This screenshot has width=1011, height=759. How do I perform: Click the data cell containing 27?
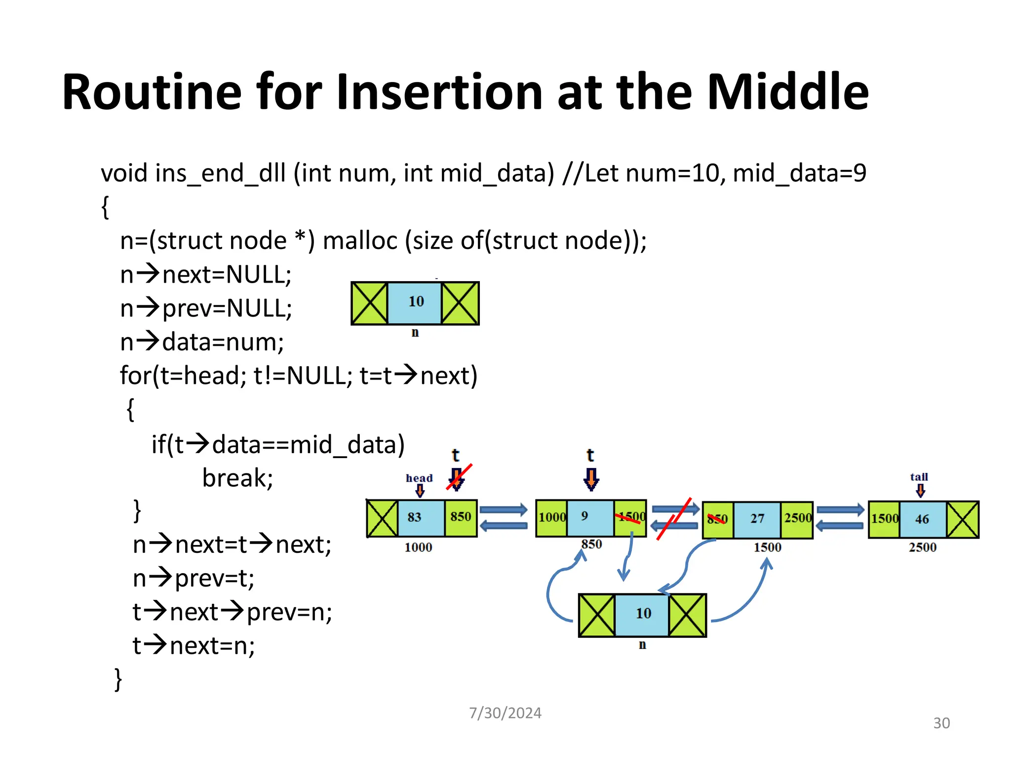tap(757, 519)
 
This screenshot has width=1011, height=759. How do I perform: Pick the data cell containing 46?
tap(922, 519)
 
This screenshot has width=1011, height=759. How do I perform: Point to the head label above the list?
tap(419, 478)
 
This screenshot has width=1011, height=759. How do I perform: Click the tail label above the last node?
tap(919, 477)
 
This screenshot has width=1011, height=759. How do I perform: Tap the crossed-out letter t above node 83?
tap(456, 455)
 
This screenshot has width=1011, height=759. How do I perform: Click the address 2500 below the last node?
tap(922, 548)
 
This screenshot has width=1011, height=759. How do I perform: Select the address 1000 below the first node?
tap(418, 548)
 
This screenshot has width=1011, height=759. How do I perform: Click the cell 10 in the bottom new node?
tap(642, 614)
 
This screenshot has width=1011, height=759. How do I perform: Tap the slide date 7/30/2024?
tap(505, 713)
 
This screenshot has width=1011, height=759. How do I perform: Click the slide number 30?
tap(941, 723)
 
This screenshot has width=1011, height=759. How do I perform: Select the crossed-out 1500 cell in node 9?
tap(630, 517)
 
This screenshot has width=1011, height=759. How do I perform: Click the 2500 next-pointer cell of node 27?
tap(797, 518)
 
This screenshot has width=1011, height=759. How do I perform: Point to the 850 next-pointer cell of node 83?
tap(461, 517)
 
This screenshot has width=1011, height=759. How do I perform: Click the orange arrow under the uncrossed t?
tap(591, 479)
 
